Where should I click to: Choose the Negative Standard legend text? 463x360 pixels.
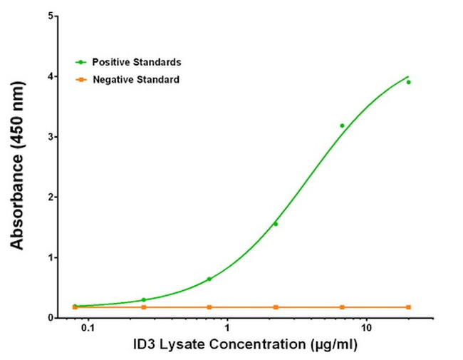tap(135, 79)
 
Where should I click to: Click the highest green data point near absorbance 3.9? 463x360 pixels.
tap(408, 82)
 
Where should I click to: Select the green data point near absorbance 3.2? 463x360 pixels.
tap(342, 125)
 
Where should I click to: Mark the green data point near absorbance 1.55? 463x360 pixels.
tap(276, 224)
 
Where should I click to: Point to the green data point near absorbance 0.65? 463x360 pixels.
tap(209, 279)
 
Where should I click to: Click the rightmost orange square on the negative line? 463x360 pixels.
tap(408, 307)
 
